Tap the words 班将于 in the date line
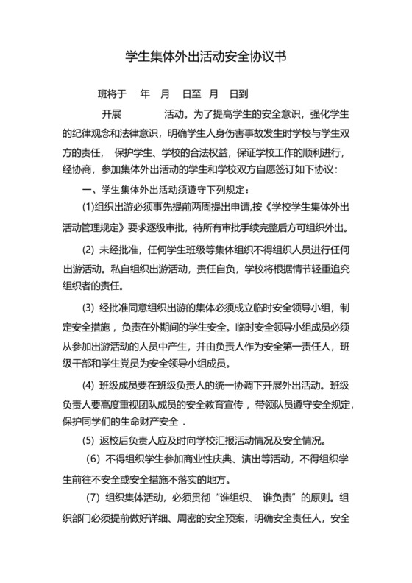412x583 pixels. [x=112, y=95]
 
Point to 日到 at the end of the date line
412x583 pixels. [x=239, y=95]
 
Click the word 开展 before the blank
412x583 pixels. [x=111, y=116]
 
